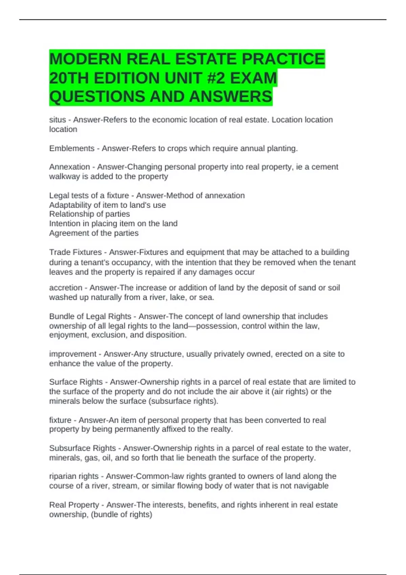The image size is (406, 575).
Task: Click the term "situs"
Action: coord(58,120)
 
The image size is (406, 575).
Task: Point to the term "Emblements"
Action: coord(72,148)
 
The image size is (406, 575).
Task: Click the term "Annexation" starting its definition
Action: coord(70,167)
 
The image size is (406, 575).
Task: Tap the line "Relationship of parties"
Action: coord(89,214)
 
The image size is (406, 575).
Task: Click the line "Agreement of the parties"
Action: coord(94,233)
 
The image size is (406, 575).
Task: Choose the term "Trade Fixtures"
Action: coord(75,252)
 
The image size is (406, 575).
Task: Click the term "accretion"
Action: coord(66,288)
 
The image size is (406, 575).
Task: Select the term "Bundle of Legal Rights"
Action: coord(90,316)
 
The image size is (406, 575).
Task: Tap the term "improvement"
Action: coord(73,354)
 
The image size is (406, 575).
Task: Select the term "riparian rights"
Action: coord(74,476)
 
